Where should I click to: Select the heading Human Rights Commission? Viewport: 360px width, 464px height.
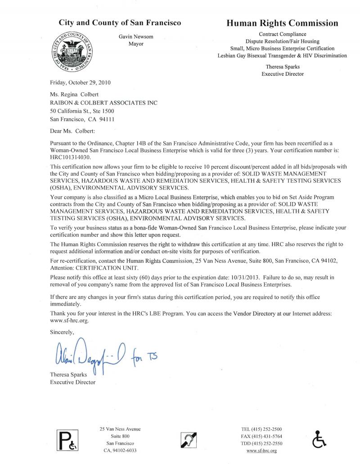282,23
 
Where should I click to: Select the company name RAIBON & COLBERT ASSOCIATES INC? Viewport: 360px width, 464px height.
103,103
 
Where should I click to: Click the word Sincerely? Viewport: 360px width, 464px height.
63,333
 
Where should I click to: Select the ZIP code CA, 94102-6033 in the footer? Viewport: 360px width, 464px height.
120,450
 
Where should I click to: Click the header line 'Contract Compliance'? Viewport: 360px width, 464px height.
282,34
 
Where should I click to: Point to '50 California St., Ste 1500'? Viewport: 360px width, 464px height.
84,111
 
